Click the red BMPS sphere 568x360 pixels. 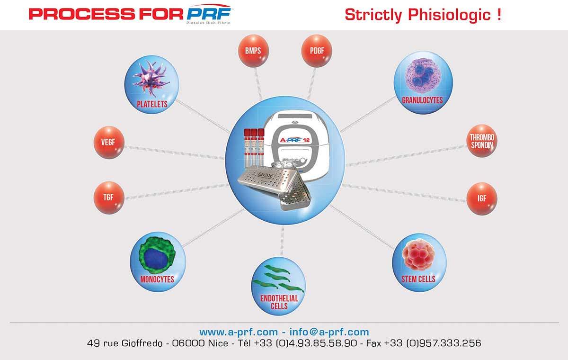click(253, 51)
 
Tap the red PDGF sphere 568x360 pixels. click(317, 51)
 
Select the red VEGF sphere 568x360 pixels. click(109, 142)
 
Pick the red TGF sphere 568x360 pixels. click(109, 198)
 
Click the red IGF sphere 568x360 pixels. click(482, 198)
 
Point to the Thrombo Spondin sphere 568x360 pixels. click(482, 141)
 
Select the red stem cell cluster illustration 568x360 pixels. click(418, 254)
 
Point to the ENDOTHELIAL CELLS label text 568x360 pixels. click(279, 302)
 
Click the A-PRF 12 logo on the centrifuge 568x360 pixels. click(294, 140)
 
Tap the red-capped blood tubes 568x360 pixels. click(254, 148)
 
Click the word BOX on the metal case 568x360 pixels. click(265, 175)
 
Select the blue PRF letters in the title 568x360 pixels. click(209, 14)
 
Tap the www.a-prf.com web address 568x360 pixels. click(239, 332)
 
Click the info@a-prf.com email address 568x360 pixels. click(329, 332)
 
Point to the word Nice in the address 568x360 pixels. click(218, 343)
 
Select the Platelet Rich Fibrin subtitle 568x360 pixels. click(208, 23)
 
